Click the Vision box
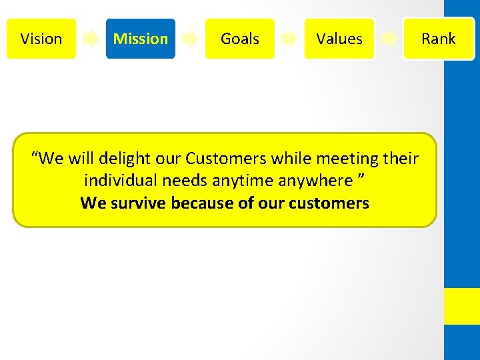coord(41,39)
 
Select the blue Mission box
coord(141,39)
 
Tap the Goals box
coord(240,39)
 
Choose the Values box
coord(339,39)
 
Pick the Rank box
coord(438,39)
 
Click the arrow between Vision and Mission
coord(91,39)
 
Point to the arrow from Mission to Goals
coord(190,39)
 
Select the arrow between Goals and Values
coord(289,39)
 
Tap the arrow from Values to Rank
coord(389,39)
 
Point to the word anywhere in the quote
coord(316,181)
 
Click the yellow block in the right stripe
coord(462,306)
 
